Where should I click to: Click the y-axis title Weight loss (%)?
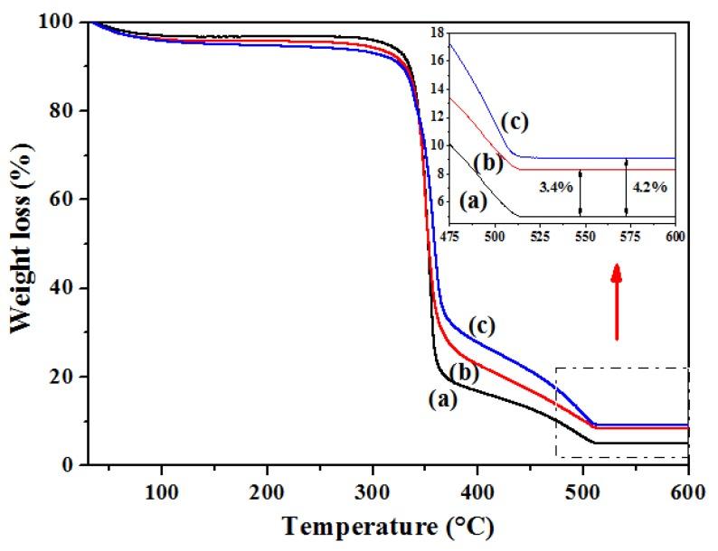(x=20, y=243)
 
